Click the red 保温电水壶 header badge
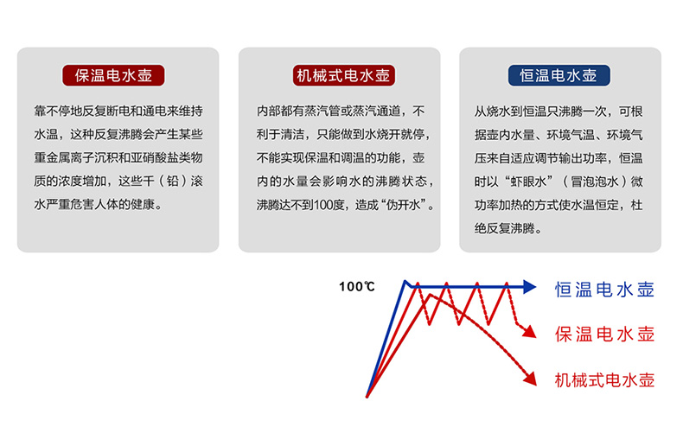(113, 75)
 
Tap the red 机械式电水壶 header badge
(344, 75)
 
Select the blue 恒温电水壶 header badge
(559, 75)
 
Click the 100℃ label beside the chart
(357, 286)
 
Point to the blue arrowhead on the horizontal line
(530, 287)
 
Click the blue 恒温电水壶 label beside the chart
(604, 290)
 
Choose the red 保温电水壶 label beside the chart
(604, 335)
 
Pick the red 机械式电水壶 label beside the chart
(604, 380)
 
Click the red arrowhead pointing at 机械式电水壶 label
(530, 379)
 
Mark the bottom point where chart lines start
(367, 397)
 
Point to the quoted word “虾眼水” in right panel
(529, 182)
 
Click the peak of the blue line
(405, 282)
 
